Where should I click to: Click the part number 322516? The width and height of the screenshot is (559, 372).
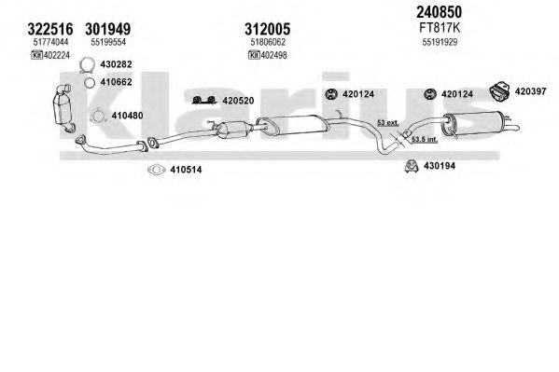click(50, 29)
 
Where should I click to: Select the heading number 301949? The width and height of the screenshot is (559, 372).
click(107, 29)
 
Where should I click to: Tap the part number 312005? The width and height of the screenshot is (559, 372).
click(268, 29)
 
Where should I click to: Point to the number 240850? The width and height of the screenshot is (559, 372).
click(439, 12)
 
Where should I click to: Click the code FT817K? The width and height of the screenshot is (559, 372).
click(440, 28)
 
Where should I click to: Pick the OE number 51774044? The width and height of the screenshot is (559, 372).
click(50, 42)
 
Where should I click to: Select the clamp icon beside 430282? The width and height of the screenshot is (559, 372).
click(87, 65)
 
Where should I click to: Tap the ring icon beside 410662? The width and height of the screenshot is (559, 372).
click(90, 83)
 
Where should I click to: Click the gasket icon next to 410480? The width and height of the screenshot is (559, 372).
click(97, 116)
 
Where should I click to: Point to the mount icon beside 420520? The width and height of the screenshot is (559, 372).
click(204, 100)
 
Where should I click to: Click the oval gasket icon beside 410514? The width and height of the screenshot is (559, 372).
click(156, 170)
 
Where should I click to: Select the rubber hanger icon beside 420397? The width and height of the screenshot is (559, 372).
click(498, 91)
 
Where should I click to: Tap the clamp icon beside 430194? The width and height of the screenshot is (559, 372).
click(412, 166)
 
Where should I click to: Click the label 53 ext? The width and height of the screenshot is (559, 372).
click(388, 123)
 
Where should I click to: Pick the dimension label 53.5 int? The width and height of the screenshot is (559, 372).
click(425, 140)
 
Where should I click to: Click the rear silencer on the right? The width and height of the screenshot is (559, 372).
click(472, 124)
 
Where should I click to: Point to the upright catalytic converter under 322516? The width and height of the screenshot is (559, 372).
click(63, 108)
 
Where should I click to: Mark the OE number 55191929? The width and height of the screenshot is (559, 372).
click(440, 42)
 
